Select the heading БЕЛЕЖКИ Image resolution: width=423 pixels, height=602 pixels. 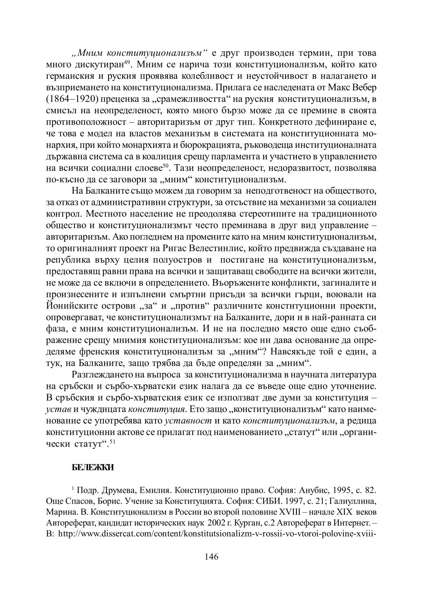tap(93, 467)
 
